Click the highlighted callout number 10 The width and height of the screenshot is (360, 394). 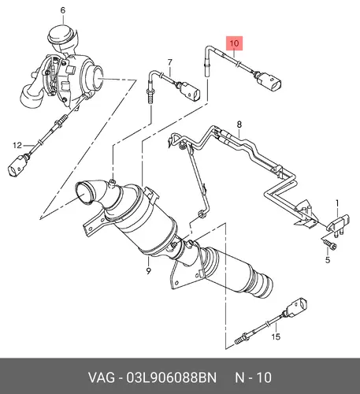click(234, 43)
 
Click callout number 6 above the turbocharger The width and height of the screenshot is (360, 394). click(62, 10)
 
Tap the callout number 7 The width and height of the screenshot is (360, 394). click(170, 62)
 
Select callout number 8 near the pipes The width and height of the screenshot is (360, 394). click(239, 124)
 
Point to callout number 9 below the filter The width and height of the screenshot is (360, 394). click(149, 271)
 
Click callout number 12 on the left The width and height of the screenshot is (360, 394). click(17, 145)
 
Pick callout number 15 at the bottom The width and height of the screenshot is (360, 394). click(276, 336)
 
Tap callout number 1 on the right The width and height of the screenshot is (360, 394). click(337, 203)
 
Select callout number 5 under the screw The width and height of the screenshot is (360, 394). click(328, 260)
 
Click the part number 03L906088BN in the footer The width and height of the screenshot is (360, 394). click(172, 377)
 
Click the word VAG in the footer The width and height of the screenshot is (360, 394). click(102, 377)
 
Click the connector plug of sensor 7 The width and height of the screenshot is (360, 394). click(190, 91)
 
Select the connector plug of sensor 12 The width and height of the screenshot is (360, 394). click(17, 165)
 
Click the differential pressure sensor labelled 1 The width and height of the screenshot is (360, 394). click(338, 224)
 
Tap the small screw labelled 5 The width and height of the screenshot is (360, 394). click(329, 244)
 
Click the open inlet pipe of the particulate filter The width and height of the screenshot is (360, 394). click(84, 193)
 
